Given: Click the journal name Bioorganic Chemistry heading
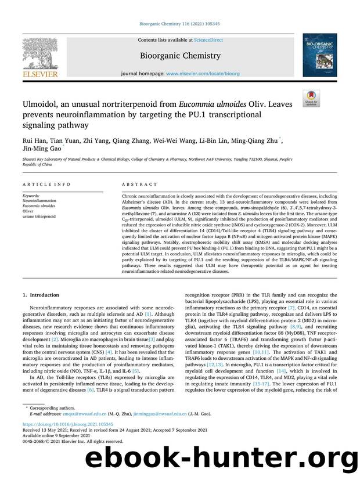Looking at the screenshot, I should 180,56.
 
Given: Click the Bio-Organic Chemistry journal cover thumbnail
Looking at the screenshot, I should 319,55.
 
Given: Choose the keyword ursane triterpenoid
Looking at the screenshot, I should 40,216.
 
